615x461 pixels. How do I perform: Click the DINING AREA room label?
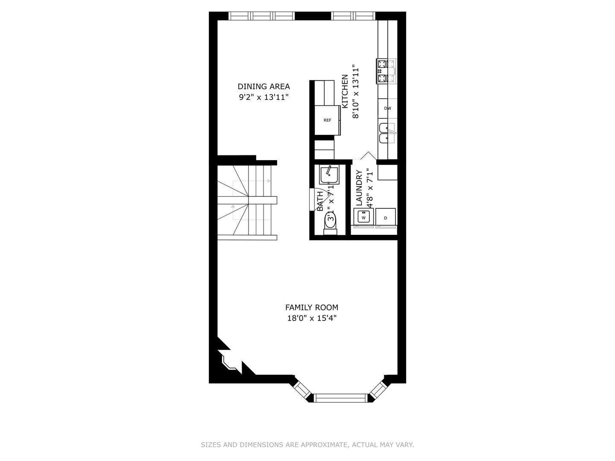pos(264,87)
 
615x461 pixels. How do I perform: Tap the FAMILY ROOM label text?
pos(311,307)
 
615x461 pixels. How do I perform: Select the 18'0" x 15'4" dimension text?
pos(311,318)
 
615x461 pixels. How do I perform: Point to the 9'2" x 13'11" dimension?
pos(264,97)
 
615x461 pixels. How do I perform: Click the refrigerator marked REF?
pos(327,120)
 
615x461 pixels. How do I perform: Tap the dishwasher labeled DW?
pos(387,108)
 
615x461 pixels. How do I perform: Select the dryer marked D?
pos(386,217)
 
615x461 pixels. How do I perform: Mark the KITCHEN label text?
pos(345,91)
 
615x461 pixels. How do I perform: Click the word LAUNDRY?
pos(359,188)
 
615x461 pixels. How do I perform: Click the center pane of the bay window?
pos(341,398)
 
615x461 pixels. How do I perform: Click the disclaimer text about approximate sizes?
pos(307,445)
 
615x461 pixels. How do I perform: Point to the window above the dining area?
pos(262,16)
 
